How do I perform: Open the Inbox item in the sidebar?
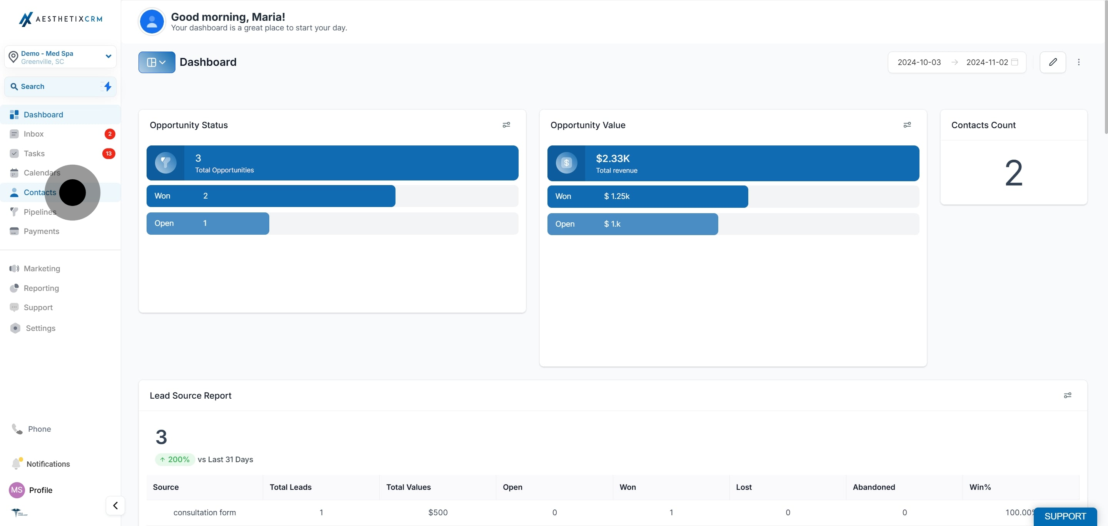[33, 134]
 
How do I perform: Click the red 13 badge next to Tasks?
[108, 154]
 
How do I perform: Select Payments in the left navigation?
[41, 231]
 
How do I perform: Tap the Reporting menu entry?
[41, 288]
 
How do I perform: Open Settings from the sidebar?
[40, 328]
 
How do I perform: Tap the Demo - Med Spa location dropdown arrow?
[108, 56]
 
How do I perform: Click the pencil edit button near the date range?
[1053, 62]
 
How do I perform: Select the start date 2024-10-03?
[919, 62]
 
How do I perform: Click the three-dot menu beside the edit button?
[1079, 62]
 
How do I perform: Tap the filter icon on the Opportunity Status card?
[506, 125]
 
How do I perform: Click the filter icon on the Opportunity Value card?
[907, 125]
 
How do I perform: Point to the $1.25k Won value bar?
[647, 197]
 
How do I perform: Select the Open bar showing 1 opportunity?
[208, 224]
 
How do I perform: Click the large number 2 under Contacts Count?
[1013, 173]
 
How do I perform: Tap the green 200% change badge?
[175, 459]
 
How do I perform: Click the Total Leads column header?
[290, 487]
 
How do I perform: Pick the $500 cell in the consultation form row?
[438, 513]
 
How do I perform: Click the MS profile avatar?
[17, 490]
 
